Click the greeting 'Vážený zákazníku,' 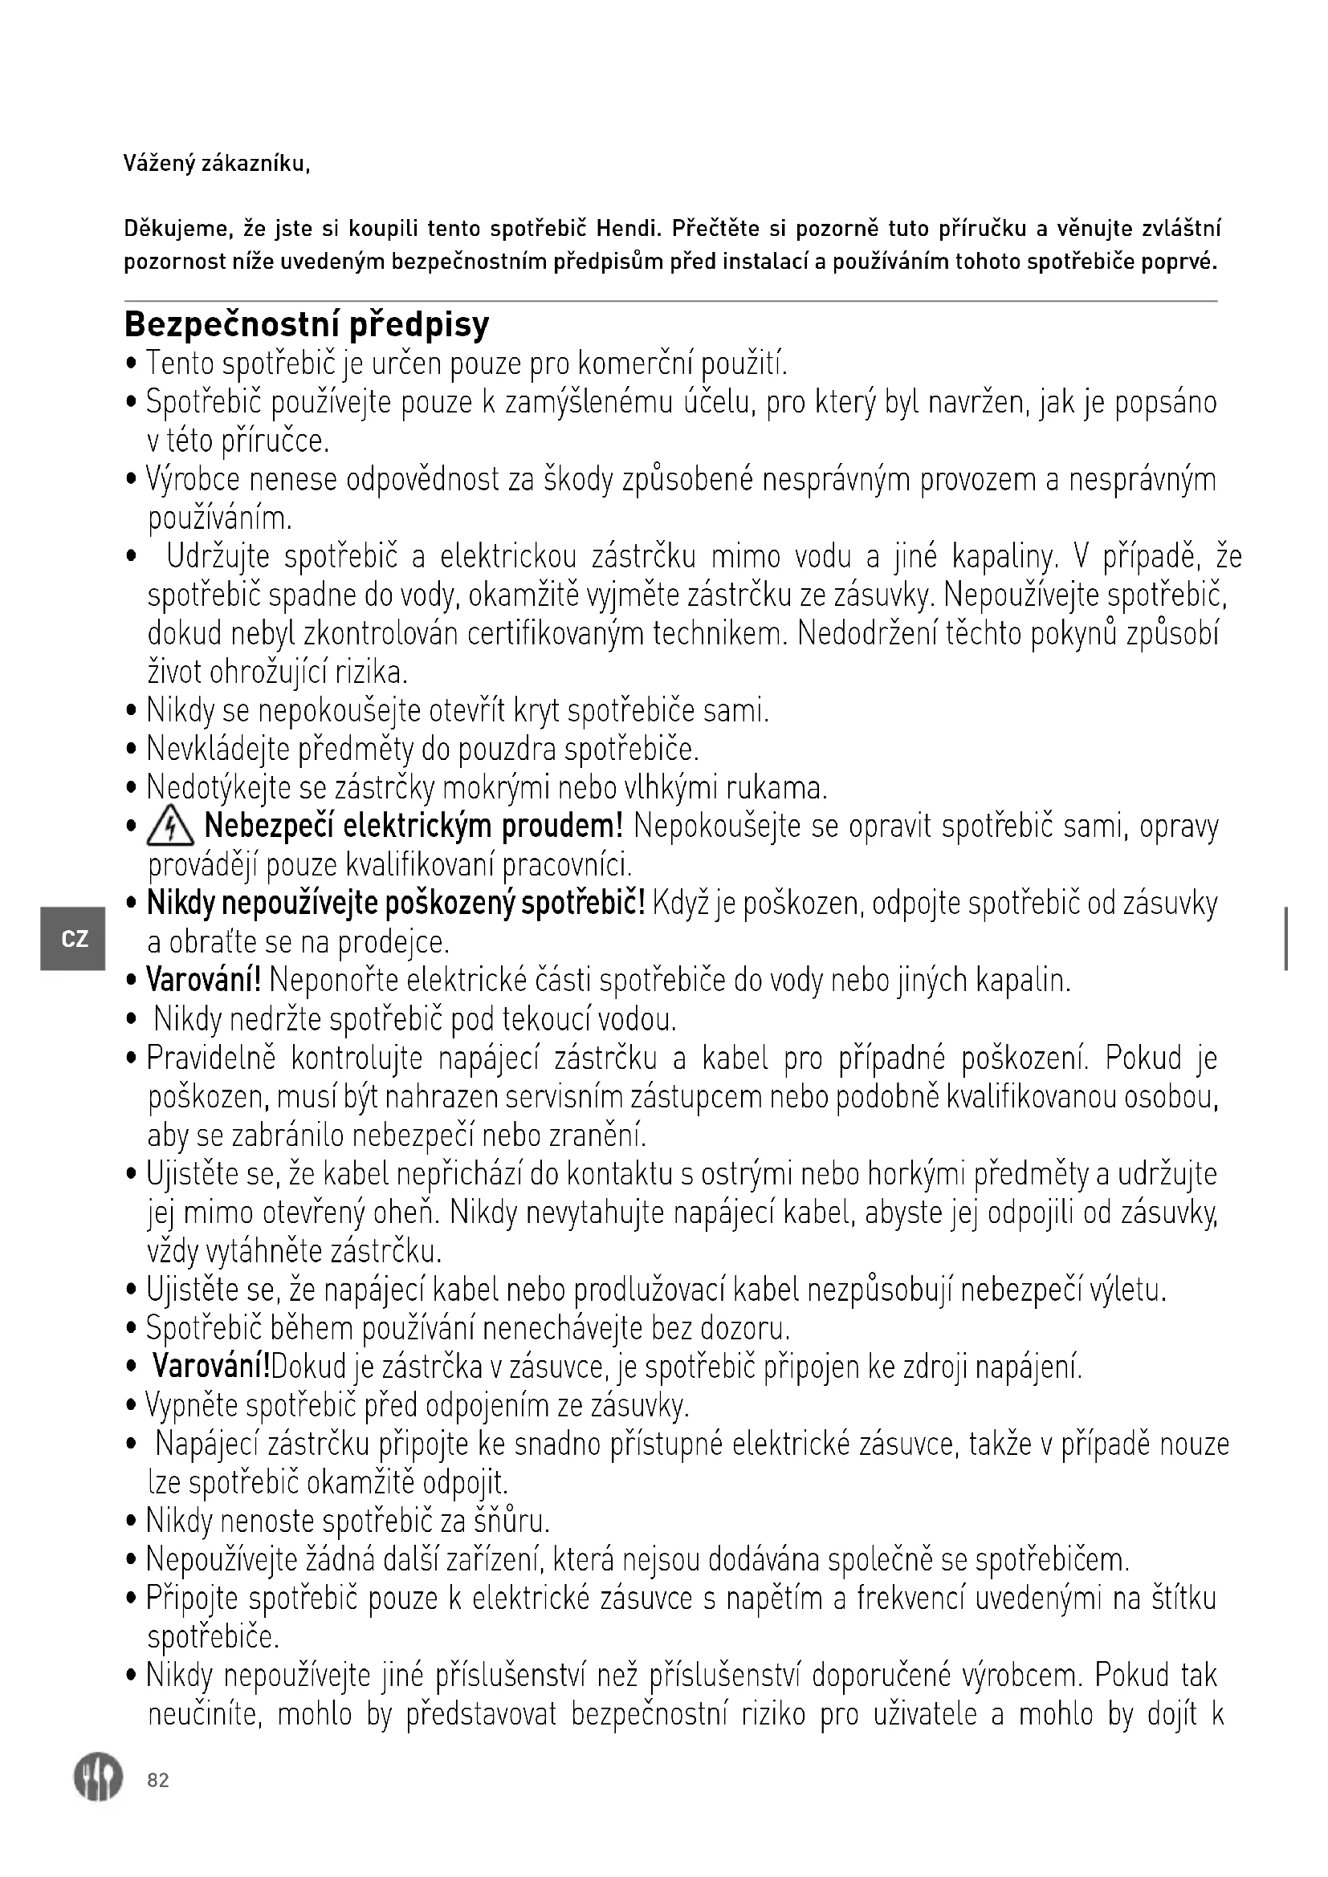[x=217, y=165]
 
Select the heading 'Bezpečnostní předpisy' [x=307, y=324]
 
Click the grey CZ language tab [x=74, y=939]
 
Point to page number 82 [x=158, y=1781]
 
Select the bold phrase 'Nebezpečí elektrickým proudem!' [x=413, y=827]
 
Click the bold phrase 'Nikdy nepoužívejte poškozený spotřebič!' [x=396, y=904]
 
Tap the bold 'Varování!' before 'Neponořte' [x=204, y=980]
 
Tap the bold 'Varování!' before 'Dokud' [x=212, y=1366]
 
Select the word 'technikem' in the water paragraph [x=717, y=635]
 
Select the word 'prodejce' [x=393, y=944]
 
